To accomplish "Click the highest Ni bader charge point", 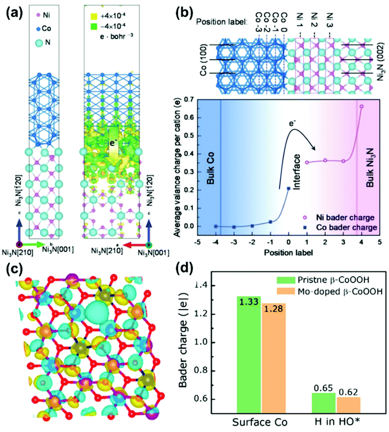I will [361, 106].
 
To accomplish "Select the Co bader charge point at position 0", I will [289, 188].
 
